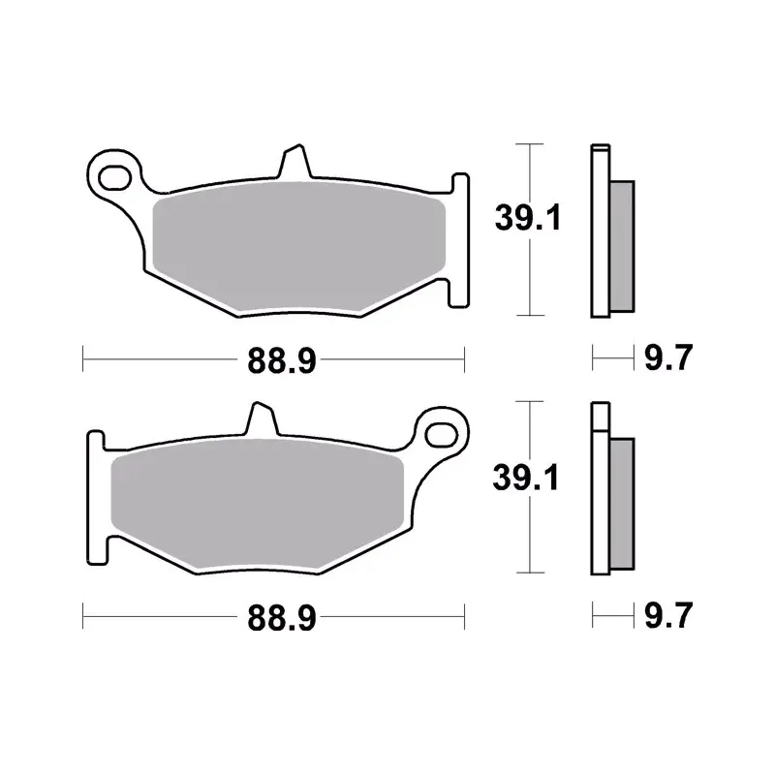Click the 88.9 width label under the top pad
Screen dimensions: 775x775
pos(282,360)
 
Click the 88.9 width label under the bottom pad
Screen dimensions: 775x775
pos(282,618)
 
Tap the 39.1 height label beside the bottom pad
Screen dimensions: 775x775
pos(525,477)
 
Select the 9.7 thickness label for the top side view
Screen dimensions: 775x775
pos(668,357)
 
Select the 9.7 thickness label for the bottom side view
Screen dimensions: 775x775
pos(668,615)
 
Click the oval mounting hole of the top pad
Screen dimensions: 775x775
pos(114,178)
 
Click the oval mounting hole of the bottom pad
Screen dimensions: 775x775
pos(441,435)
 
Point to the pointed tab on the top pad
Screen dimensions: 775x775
pos(295,161)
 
